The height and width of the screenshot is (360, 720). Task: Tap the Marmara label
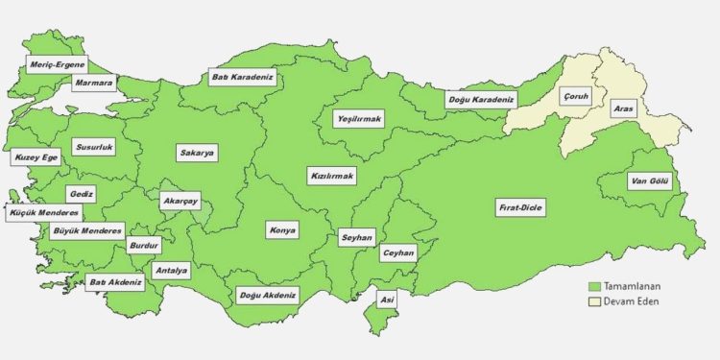point(94,84)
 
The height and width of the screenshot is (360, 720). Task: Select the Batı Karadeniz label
point(244,76)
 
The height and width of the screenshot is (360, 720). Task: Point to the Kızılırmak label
point(332,177)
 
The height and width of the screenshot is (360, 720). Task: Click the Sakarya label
point(197,153)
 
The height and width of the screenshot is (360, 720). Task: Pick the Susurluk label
point(94,149)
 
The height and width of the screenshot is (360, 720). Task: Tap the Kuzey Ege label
point(35,157)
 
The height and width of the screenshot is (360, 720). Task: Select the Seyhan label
point(356,236)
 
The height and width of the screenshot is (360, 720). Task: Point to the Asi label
point(386,300)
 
